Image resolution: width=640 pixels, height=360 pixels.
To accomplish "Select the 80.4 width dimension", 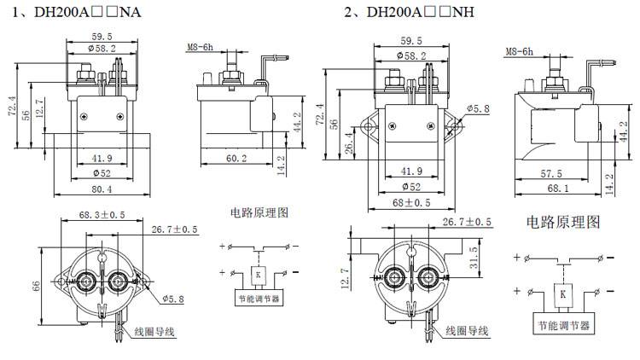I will click(x=102, y=189).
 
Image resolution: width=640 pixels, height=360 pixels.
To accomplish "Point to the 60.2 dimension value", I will click(x=236, y=158).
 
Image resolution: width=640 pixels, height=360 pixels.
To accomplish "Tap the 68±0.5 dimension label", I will click(x=411, y=203).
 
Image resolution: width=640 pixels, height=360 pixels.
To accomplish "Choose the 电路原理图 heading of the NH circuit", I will click(x=562, y=223).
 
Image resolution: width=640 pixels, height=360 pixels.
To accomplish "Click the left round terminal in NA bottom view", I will click(x=86, y=281).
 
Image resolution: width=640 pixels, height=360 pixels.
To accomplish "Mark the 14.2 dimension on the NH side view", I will click(x=609, y=182).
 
